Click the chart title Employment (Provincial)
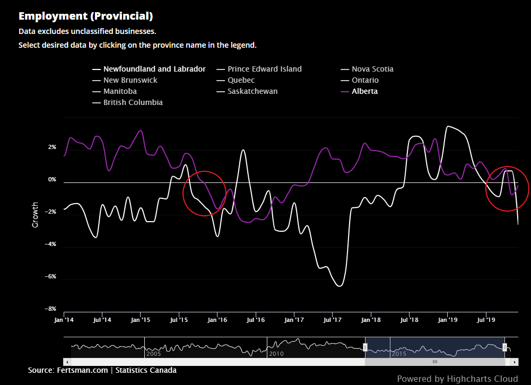(x=85, y=16)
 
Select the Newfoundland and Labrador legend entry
(x=154, y=69)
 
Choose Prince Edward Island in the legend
(x=264, y=69)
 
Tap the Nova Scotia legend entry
(x=372, y=69)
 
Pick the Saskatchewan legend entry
(x=253, y=91)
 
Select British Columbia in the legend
(x=133, y=102)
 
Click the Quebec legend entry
(x=241, y=80)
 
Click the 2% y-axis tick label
(x=52, y=147)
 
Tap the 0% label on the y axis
(x=52, y=179)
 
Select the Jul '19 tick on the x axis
(x=486, y=320)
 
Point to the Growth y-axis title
(x=36, y=215)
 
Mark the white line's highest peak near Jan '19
(x=449, y=126)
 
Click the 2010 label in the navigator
(x=276, y=353)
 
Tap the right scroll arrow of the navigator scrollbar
(x=514, y=362)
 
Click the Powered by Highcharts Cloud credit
(x=457, y=379)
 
